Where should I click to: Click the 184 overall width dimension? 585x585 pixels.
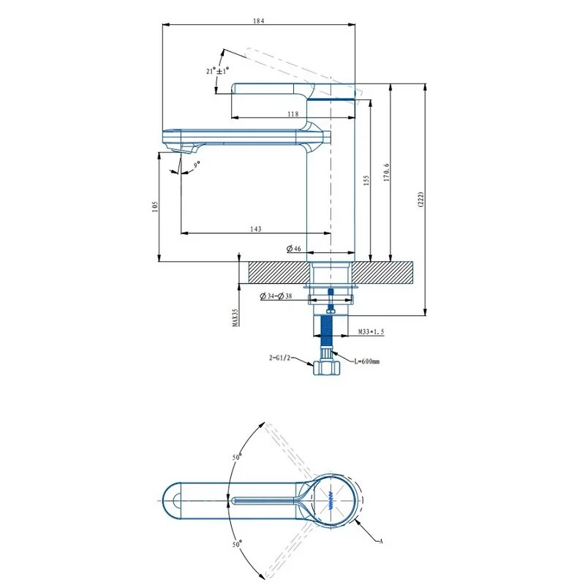pyautogui.click(x=258, y=21)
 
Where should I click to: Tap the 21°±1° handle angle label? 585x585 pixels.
pyautogui.click(x=217, y=70)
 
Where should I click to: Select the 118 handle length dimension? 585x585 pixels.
pyautogui.click(x=293, y=114)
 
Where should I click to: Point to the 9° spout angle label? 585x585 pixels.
pyautogui.click(x=197, y=165)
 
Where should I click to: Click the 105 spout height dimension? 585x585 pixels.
pyautogui.click(x=155, y=207)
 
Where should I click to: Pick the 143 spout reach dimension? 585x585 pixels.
pyautogui.click(x=255, y=229)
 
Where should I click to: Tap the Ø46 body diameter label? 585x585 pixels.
pyautogui.click(x=294, y=249)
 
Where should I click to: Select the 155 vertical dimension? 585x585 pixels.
pyautogui.click(x=366, y=181)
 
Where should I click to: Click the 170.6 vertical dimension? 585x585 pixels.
pyautogui.click(x=386, y=173)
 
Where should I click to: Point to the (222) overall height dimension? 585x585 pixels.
pyautogui.click(x=421, y=200)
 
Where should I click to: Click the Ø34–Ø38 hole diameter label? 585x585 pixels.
pyautogui.click(x=276, y=296)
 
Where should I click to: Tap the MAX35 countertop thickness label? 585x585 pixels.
pyautogui.click(x=235, y=317)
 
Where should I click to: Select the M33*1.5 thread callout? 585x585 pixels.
pyautogui.click(x=371, y=331)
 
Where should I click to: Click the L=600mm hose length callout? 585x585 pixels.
pyautogui.click(x=367, y=361)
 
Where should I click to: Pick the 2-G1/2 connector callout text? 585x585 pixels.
pyautogui.click(x=279, y=358)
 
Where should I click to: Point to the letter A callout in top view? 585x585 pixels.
pyautogui.click(x=381, y=541)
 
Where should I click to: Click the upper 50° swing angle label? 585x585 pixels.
pyautogui.click(x=237, y=456)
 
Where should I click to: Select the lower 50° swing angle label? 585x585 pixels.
pyautogui.click(x=237, y=544)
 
